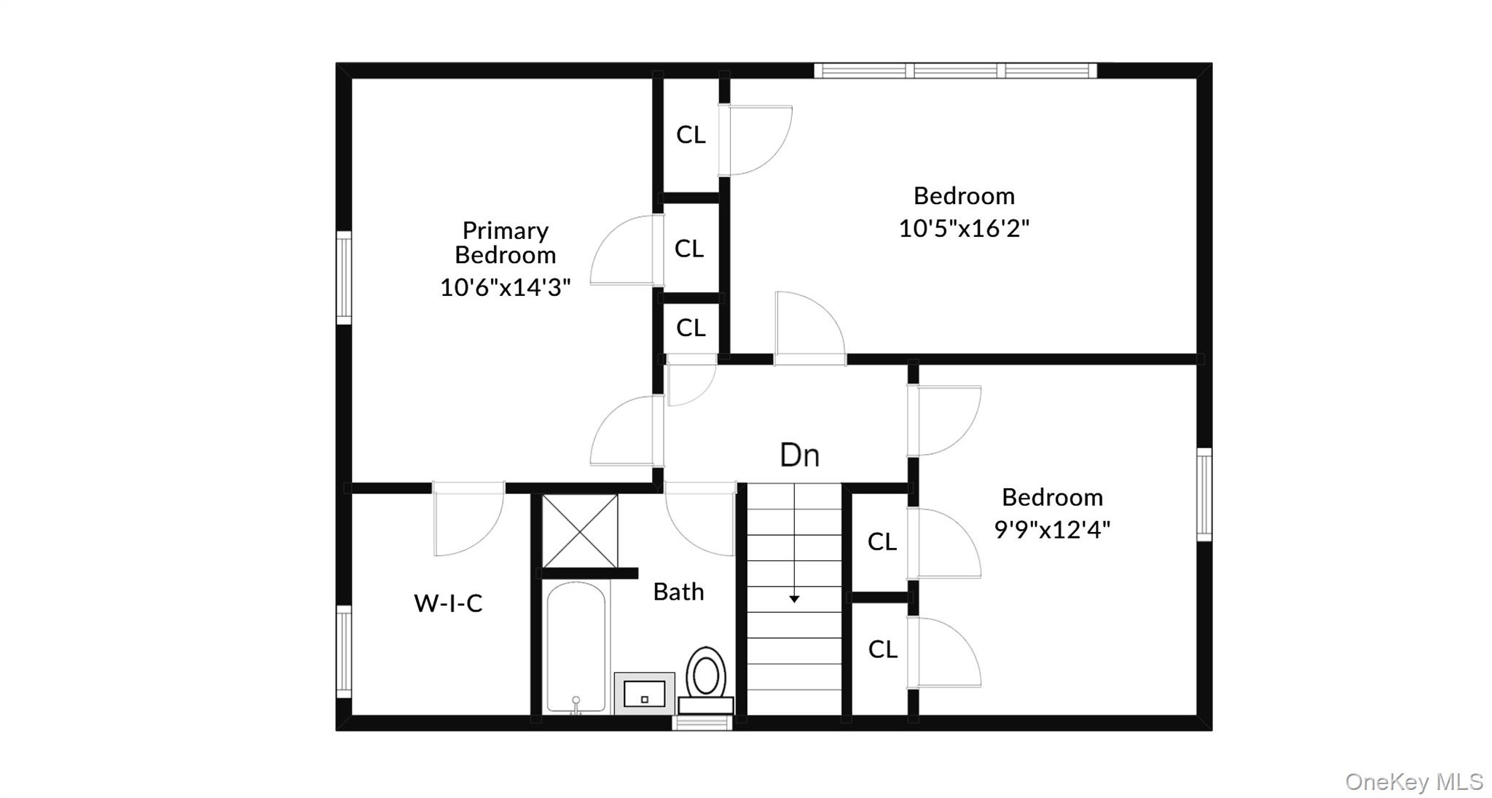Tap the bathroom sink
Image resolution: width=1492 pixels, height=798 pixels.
pyautogui.click(x=645, y=694)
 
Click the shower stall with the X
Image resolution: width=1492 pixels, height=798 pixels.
pyautogui.click(x=580, y=531)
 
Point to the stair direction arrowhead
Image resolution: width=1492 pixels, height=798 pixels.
pyautogui.click(x=794, y=599)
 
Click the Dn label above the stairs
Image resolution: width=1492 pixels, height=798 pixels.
pyautogui.click(x=799, y=455)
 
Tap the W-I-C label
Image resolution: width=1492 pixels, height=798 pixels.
pyautogui.click(x=448, y=603)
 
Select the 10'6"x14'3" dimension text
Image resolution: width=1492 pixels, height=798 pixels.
pyautogui.click(x=505, y=287)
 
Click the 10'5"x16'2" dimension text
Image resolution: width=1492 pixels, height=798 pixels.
pyautogui.click(x=964, y=228)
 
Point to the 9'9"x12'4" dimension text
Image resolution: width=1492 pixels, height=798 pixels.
pyautogui.click(x=1052, y=529)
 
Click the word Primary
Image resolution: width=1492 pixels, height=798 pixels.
pyautogui.click(x=505, y=230)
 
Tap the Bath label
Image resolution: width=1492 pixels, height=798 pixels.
pyautogui.click(x=678, y=592)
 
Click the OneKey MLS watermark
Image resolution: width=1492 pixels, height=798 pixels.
pyautogui.click(x=1413, y=782)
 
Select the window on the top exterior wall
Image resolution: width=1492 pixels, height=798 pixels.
pyautogui.click(x=955, y=71)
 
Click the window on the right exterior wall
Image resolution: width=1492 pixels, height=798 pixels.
pyautogui.click(x=1204, y=494)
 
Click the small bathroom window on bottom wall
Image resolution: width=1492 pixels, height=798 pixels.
pyautogui.click(x=702, y=722)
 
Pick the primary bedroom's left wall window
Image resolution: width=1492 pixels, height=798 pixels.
pyautogui.click(x=344, y=277)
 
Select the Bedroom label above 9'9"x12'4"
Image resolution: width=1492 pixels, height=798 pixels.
pyautogui.click(x=1052, y=497)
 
